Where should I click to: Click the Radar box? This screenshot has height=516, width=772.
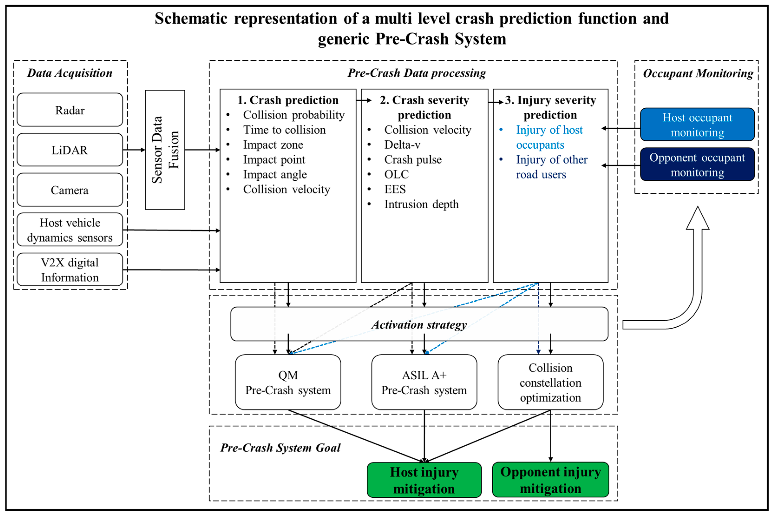[70, 110]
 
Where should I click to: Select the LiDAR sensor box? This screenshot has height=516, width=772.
[70, 150]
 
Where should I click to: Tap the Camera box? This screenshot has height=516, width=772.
[70, 190]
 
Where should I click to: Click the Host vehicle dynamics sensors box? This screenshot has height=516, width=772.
[70, 230]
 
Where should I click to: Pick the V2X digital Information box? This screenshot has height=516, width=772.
[70, 270]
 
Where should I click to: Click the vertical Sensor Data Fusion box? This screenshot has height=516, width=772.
[165, 150]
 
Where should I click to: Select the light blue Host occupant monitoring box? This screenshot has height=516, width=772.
[697, 125]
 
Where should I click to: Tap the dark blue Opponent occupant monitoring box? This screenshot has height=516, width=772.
[697, 165]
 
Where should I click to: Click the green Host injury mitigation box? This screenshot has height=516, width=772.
[424, 480]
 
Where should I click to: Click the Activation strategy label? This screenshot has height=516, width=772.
[419, 325]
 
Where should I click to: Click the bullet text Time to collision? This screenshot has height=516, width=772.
[284, 130]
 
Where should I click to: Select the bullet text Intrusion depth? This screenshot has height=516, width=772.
[421, 204]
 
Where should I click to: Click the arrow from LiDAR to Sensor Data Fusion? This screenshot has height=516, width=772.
[134, 150]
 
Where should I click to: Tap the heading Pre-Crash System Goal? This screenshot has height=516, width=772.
[280, 448]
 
